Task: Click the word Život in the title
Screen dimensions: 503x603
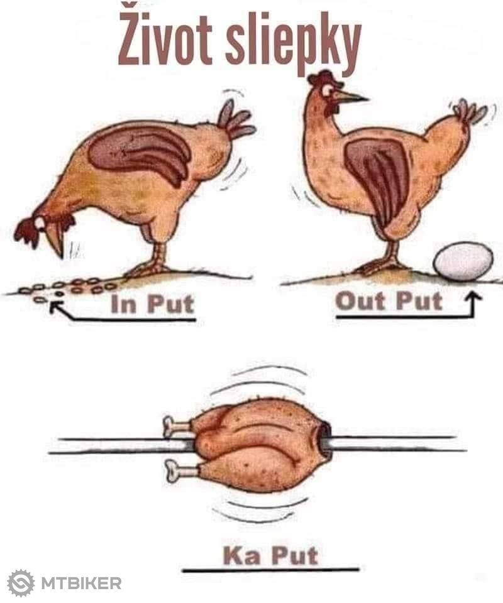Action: tap(165, 37)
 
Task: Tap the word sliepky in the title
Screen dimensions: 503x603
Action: tap(293, 42)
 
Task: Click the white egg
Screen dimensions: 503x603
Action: tap(463, 261)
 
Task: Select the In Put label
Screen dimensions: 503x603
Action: tap(152, 304)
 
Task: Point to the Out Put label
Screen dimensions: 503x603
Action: tap(389, 301)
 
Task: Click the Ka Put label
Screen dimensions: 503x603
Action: tap(270, 556)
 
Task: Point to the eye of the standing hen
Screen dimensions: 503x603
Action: tap(328, 90)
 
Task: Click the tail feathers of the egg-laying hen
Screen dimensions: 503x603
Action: tap(469, 112)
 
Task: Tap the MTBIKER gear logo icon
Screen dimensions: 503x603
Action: tap(21, 583)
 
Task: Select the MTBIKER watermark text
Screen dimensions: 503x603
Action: tap(81, 584)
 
